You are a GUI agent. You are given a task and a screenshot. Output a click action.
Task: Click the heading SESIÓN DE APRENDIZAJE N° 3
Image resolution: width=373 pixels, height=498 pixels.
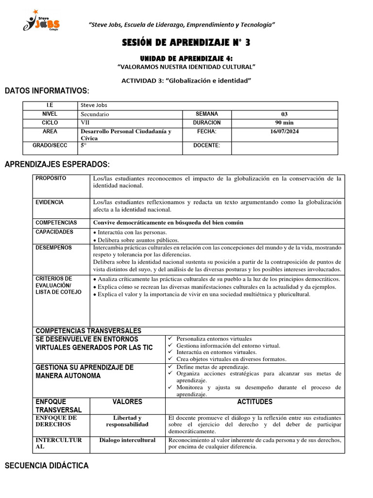point(186,43)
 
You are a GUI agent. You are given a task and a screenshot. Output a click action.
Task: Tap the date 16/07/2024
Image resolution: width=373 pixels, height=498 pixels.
point(284,132)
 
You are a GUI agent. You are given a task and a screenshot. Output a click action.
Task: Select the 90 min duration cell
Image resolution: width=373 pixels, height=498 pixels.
point(284,123)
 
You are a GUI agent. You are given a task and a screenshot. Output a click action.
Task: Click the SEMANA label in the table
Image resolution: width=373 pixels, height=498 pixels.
point(206,114)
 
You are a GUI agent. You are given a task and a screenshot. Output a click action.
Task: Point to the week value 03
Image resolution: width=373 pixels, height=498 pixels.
point(284,114)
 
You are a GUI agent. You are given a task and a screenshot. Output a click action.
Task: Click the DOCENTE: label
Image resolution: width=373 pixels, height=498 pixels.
point(206,145)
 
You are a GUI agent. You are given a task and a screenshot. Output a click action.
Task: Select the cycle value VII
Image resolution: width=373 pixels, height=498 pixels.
point(85,123)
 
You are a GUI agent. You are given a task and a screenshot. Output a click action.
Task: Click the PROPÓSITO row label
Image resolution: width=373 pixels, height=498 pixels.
point(51,178)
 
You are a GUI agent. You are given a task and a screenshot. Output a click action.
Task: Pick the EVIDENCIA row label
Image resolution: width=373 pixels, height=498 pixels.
point(50,202)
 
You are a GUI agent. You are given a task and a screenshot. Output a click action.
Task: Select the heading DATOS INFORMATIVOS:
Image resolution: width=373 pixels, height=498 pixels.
point(47,91)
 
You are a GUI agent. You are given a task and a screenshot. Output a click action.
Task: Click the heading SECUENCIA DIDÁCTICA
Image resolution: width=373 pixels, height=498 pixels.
point(47,466)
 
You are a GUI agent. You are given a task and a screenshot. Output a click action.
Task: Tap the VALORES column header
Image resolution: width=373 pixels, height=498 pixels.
point(127,402)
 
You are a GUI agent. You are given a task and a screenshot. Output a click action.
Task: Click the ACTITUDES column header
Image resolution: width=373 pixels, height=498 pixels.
point(255,402)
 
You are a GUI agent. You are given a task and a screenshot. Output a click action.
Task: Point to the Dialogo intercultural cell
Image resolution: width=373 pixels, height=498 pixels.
point(127,440)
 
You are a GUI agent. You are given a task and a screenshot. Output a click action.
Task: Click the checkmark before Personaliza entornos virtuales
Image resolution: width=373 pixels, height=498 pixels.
point(170,338)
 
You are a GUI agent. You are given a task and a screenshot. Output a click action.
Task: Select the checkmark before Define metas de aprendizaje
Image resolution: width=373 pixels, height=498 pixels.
point(170,367)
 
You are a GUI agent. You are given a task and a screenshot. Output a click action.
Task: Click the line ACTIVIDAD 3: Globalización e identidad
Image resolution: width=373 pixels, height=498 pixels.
point(186,80)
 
